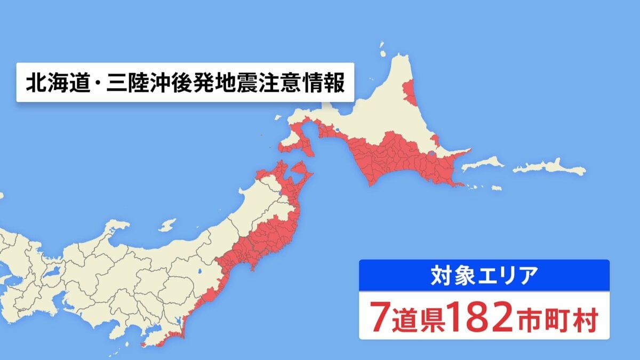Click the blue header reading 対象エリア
tap(484, 276)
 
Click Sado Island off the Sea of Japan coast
tap(167, 225)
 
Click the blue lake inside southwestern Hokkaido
tap(337, 130)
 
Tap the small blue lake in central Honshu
tap(199, 273)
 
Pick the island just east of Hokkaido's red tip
tap(482, 163)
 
